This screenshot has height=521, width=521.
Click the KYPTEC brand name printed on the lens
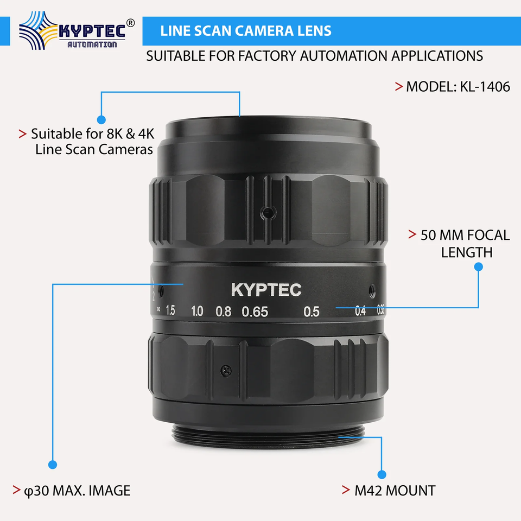point(266,290)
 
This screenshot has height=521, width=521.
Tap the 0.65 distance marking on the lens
point(255,312)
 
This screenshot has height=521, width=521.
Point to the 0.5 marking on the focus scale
point(312,312)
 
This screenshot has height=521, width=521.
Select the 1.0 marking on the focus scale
point(197,311)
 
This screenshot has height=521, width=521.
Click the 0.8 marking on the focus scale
point(223,312)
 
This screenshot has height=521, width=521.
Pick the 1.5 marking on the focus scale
point(170,310)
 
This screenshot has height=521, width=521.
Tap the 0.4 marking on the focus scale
point(360,311)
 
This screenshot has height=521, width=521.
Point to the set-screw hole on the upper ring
point(268,212)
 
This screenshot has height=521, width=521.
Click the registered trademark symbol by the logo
point(131,23)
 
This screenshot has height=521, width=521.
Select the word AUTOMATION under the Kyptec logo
point(92,45)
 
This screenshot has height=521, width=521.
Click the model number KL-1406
point(485,87)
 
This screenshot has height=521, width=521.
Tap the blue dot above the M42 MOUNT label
point(382,474)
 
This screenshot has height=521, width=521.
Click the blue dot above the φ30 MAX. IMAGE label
point(53,465)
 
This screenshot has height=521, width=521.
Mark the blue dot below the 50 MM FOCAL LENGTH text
point(479,267)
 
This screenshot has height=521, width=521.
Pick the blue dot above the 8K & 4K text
point(101,119)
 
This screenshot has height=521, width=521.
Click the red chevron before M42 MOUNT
point(346,490)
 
